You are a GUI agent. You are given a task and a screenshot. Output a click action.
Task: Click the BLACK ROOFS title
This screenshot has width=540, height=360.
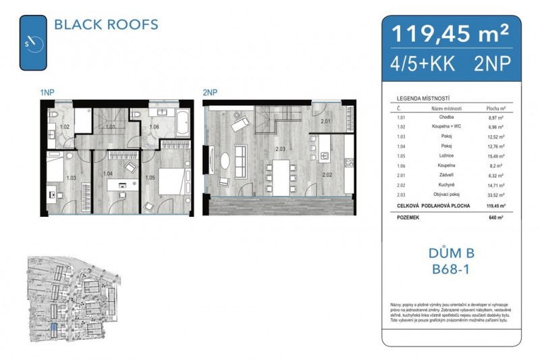tap(105, 25)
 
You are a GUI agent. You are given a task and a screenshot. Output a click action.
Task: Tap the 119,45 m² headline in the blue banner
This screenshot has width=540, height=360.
tap(446, 32)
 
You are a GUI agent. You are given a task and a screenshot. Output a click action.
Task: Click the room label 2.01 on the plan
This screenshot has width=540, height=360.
tap(325, 122)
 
